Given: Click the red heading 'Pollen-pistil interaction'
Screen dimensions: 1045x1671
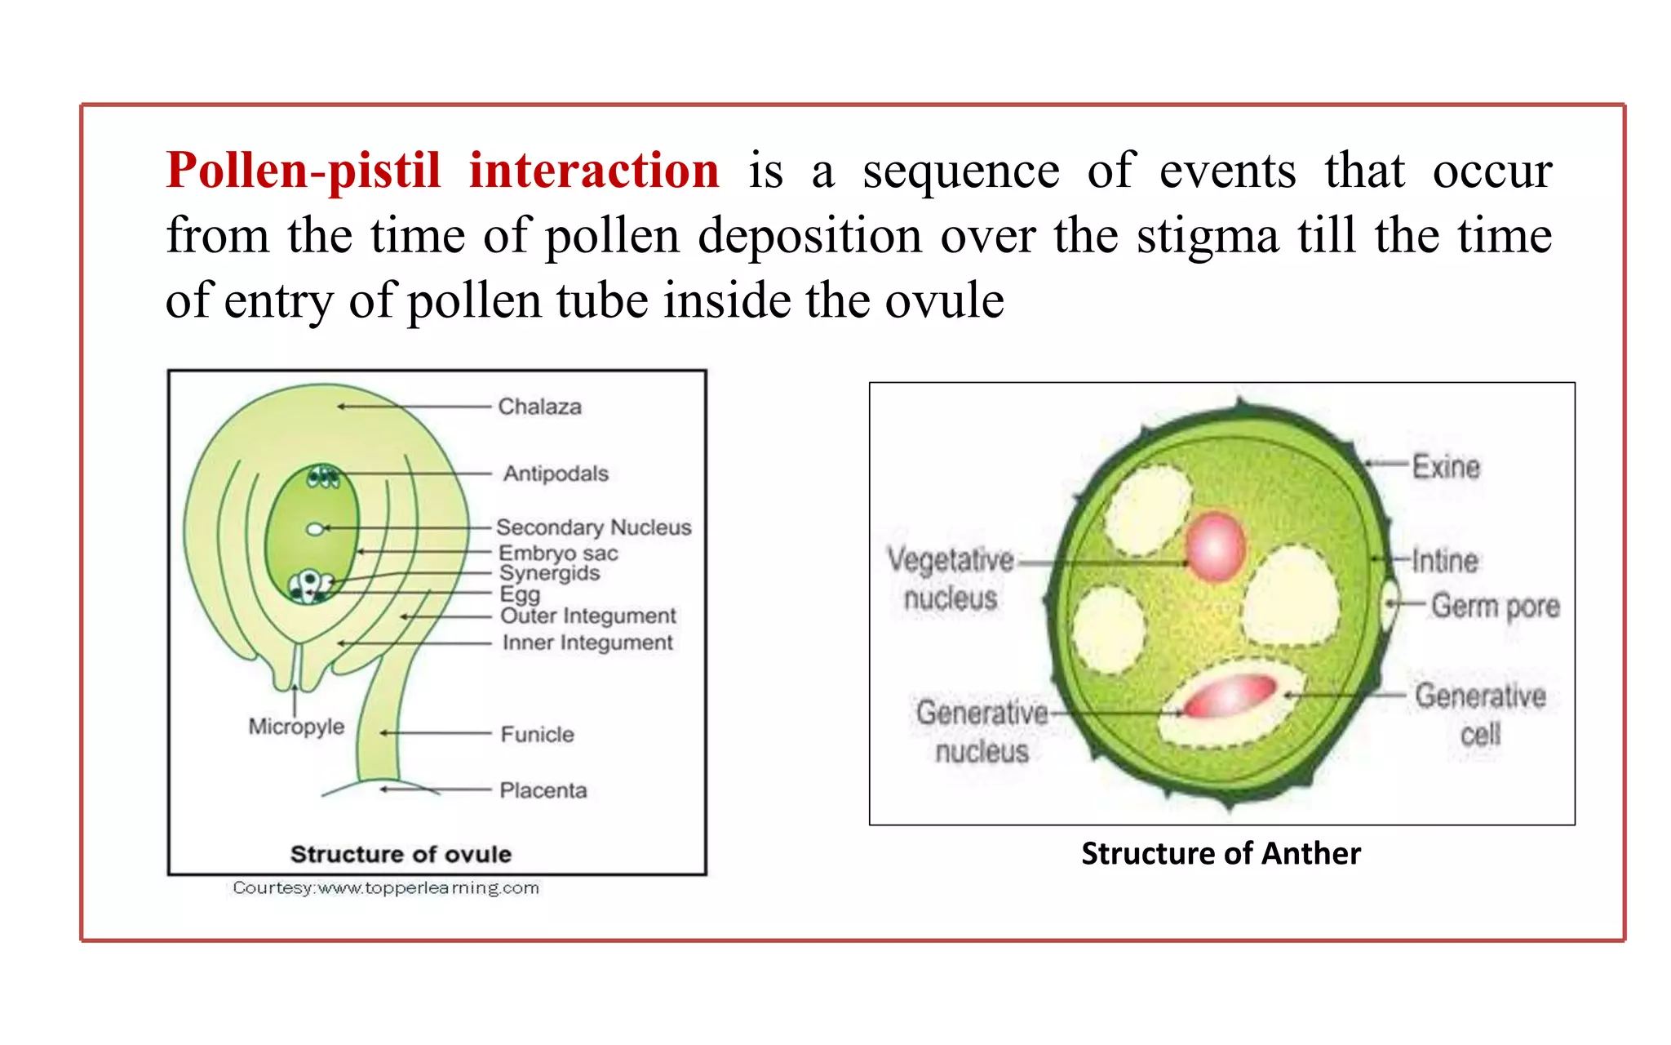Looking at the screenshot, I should [x=442, y=171].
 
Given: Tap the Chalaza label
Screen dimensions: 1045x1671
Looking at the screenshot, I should [x=539, y=407].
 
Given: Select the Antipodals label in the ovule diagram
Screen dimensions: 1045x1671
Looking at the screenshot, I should [x=555, y=474].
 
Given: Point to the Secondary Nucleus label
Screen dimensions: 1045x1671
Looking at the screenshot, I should [x=593, y=527].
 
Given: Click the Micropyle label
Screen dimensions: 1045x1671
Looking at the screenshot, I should [x=296, y=726].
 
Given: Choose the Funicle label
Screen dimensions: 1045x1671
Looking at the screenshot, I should [x=537, y=734].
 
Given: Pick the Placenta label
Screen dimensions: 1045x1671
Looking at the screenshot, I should [x=543, y=790].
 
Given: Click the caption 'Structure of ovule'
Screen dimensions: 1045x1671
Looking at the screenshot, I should [x=401, y=854].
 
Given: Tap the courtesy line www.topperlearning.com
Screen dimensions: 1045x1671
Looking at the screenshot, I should [x=386, y=887].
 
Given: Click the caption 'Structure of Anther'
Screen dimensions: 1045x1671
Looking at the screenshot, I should [x=1221, y=853].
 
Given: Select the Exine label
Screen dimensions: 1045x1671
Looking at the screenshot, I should [x=1446, y=467].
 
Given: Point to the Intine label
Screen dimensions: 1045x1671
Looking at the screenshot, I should [x=1444, y=561].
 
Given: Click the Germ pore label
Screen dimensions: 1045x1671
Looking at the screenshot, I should [x=1495, y=606].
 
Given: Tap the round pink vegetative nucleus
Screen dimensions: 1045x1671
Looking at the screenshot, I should [x=1215, y=546].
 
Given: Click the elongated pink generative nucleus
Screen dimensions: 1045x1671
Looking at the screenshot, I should [x=1230, y=696].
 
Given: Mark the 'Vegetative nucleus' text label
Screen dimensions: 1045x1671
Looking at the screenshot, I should [x=951, y=579].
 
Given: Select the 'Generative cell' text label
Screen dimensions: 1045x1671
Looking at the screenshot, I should [x=1480, y=714].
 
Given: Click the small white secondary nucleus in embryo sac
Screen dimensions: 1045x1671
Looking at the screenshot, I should [x=315, y=529].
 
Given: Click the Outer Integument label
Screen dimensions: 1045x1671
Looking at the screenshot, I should [x=587, y=616].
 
